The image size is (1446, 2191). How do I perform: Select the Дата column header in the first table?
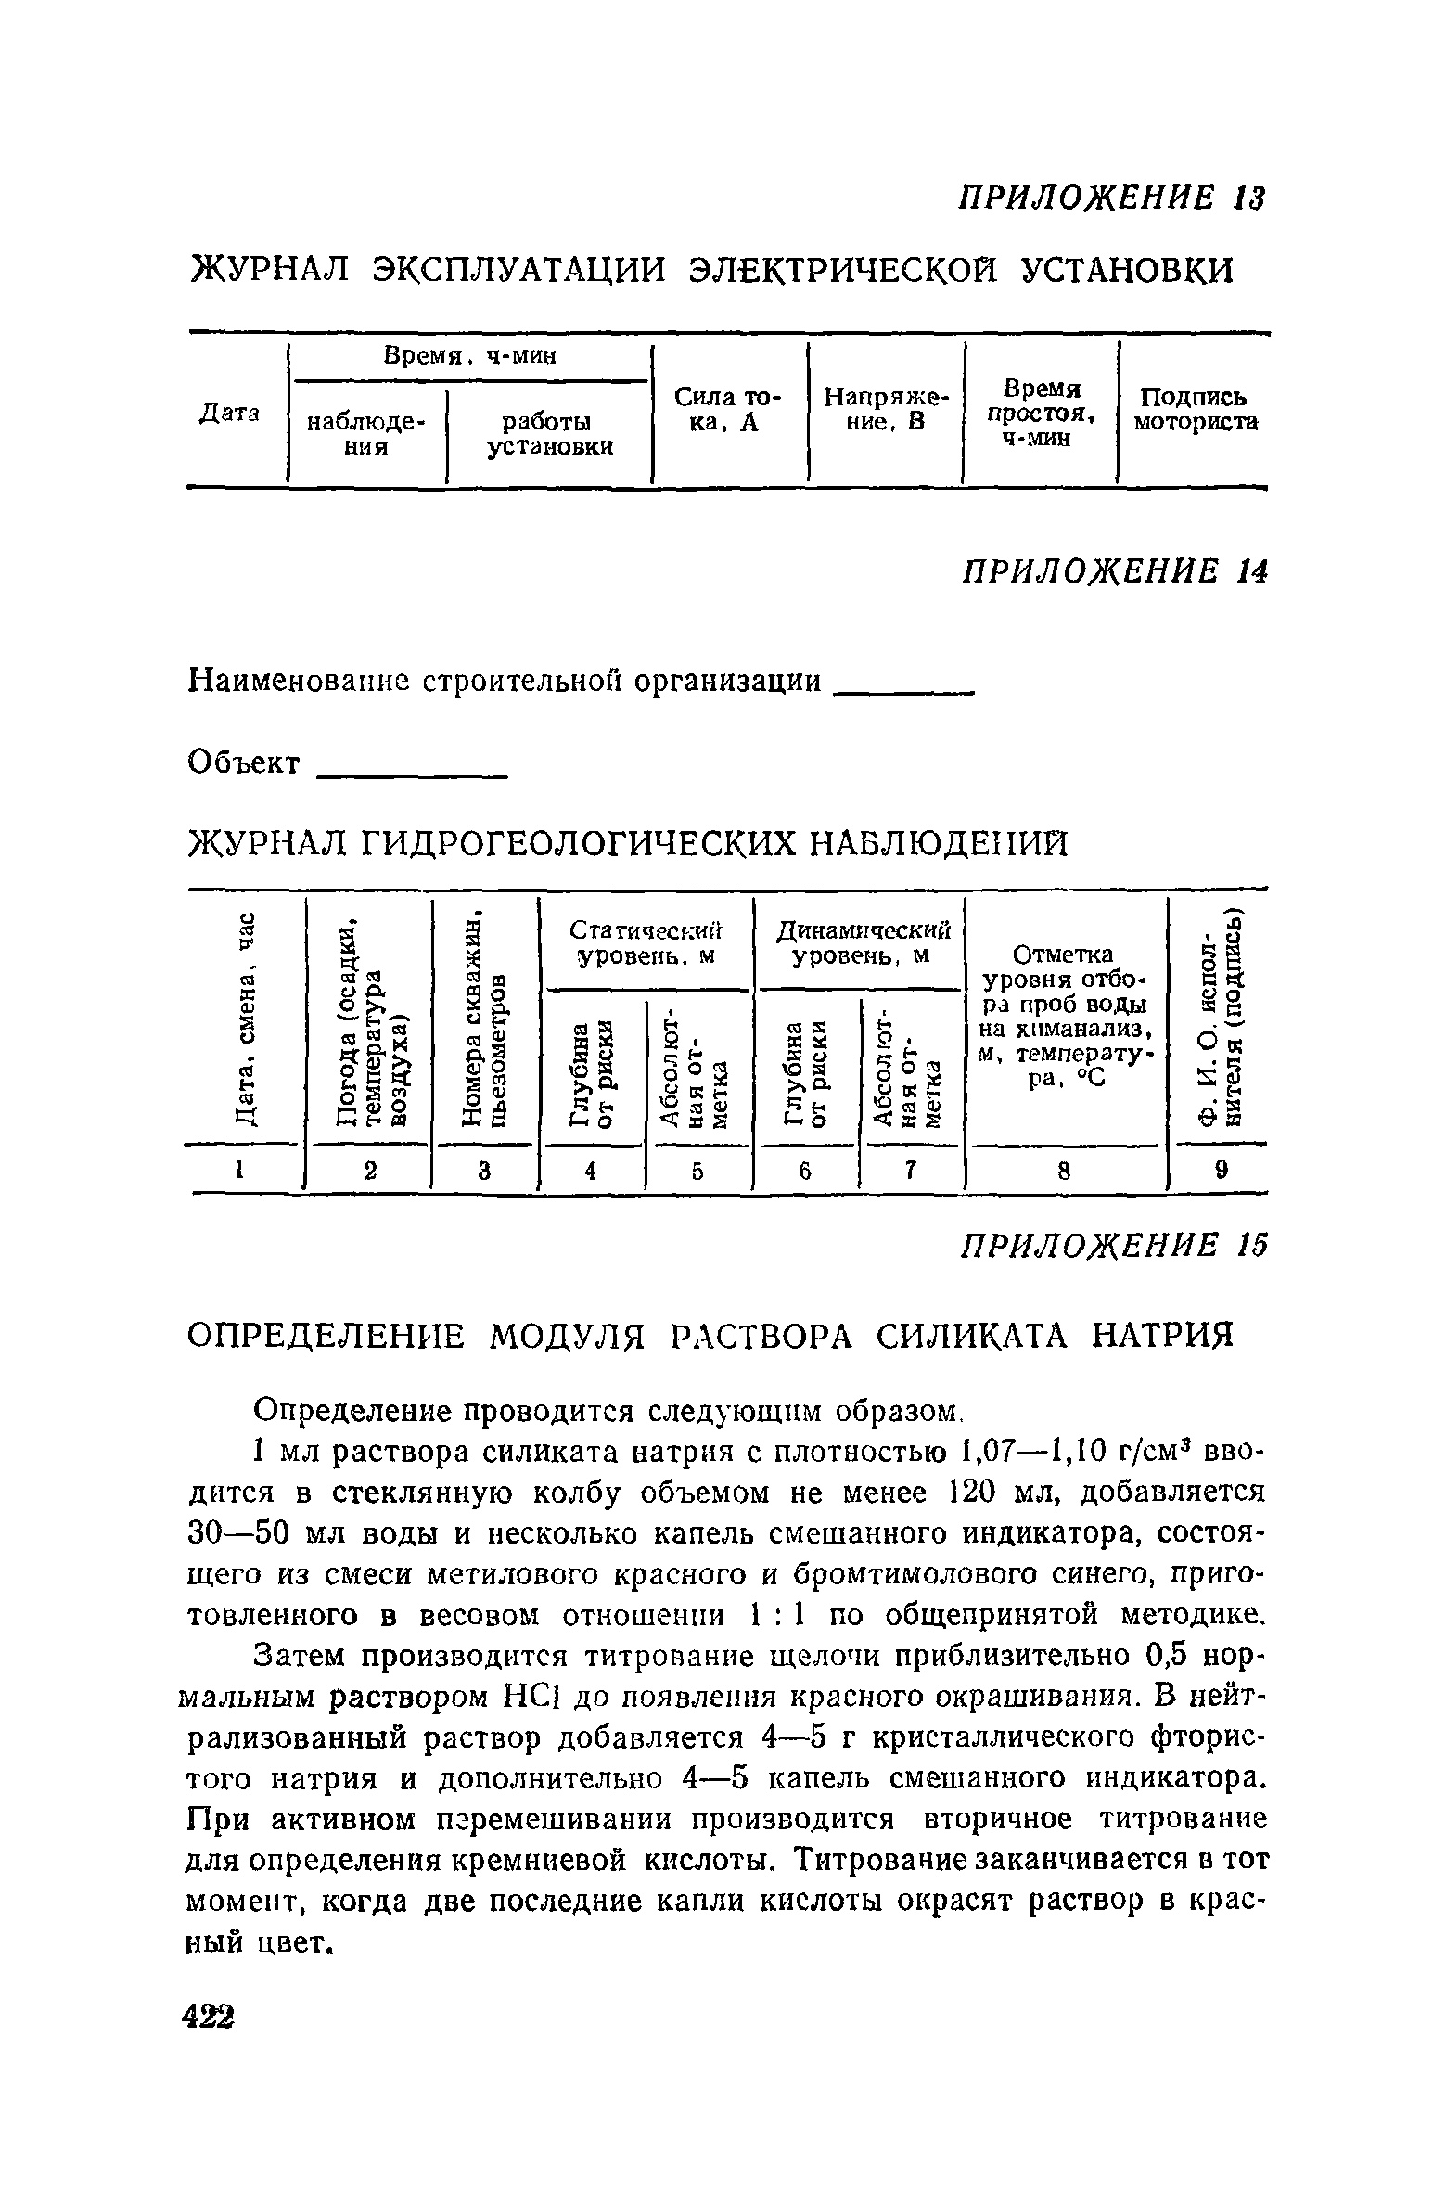pyautogui.click(x=229, y=412)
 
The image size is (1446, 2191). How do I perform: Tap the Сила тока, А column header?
pyautogui.click(x=728, y=410)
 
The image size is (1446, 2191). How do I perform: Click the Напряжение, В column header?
pyautogui.click(x=888, y=410)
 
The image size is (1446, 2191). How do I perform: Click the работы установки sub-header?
pyautogui.click(x=551, y=434)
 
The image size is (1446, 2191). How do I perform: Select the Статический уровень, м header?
pyautogui.click(x=646, y=942)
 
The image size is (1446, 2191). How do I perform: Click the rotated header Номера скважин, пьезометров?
pyautogui.click(x=485, y=1020)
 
